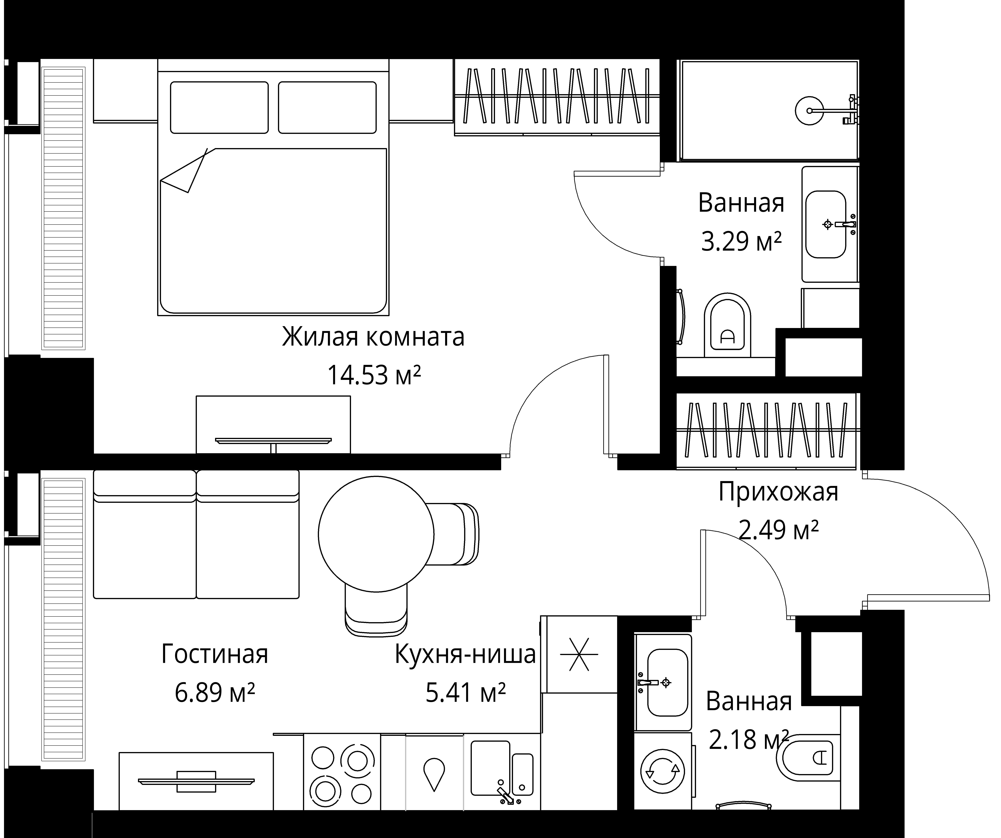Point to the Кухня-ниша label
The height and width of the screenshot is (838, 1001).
465,654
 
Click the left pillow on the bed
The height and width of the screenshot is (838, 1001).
219,107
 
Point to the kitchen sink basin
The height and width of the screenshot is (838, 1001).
490,768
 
